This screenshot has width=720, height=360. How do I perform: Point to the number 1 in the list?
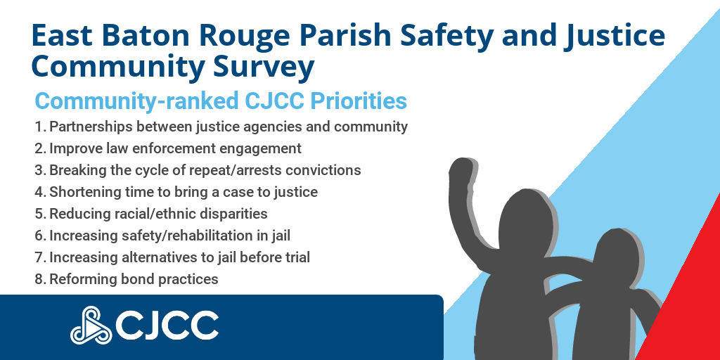(38, 127)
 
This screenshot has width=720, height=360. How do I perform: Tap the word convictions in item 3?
(320, 170)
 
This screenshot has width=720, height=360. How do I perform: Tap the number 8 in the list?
(39, 279)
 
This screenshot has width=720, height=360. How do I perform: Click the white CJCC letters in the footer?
(166, 325)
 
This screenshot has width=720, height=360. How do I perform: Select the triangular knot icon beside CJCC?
(90, 325)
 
